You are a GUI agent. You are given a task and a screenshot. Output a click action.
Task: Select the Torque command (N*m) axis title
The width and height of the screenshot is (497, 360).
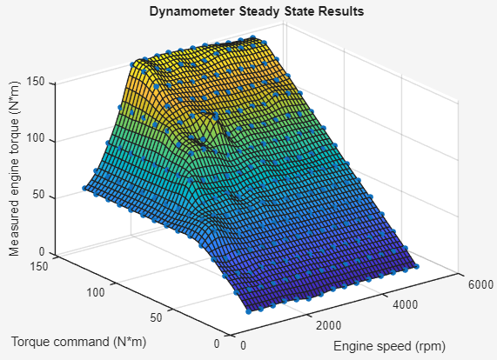[78, 340]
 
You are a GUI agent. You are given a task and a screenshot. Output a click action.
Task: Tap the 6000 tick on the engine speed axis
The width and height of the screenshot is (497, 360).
[480, 284]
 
